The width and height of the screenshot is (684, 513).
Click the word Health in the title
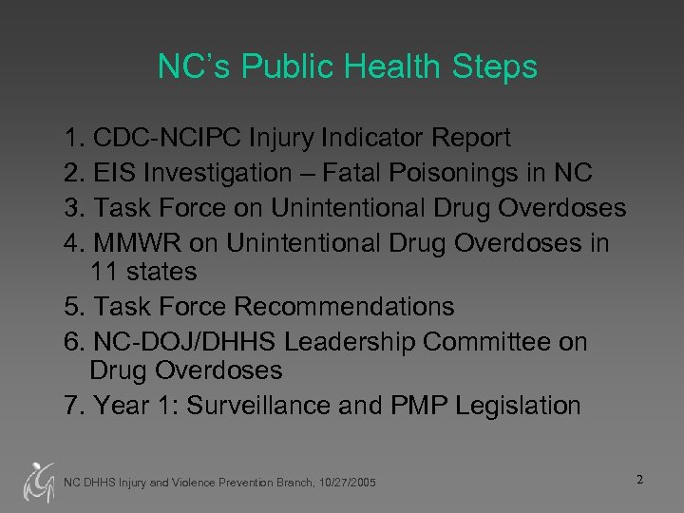[x=392, y=67]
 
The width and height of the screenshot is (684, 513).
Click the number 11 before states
[x=104, y=273]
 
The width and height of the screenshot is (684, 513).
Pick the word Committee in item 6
[x=504, y=340]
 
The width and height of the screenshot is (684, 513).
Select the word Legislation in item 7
[x=518, y=407]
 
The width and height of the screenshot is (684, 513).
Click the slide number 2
[x=640, y=479]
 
